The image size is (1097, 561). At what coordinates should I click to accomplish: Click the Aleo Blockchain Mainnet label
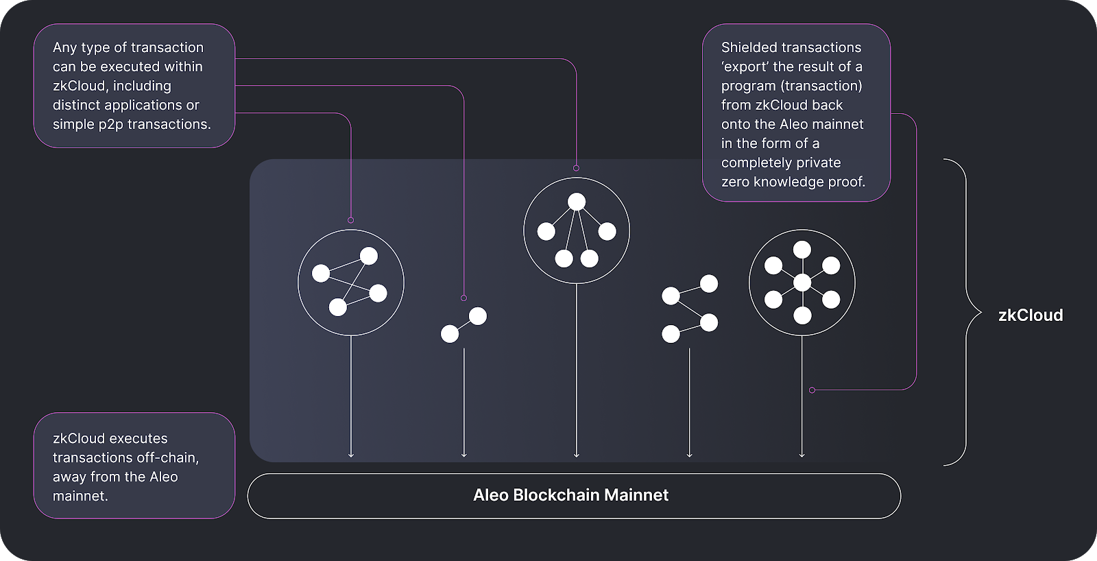coord(570,495)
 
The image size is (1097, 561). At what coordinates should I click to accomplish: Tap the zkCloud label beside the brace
coord(1030,315)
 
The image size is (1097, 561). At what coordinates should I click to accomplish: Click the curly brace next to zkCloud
coord(967,313)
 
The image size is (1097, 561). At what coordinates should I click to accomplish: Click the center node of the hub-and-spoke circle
coord(802,283)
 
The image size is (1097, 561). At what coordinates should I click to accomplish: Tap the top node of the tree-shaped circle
coord(577,202)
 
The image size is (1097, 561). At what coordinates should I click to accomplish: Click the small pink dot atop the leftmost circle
coord(351,220)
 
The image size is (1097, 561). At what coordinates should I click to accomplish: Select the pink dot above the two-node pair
coord(464,298)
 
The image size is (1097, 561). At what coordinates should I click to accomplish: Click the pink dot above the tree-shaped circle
coord(577,168)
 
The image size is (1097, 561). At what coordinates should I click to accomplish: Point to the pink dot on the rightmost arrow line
coord(812,390)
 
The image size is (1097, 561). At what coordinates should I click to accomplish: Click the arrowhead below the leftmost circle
coord(351,454)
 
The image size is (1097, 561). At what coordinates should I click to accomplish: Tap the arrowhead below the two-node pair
coord(464,454)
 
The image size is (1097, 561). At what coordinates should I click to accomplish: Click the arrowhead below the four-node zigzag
coord(689,454)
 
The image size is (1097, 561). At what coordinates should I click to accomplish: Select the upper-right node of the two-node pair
coord(478,316)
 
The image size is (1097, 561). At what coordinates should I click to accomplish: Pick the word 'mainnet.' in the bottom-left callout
coord(80,496)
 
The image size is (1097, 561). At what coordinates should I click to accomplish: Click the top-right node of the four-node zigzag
coord(709,283)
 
